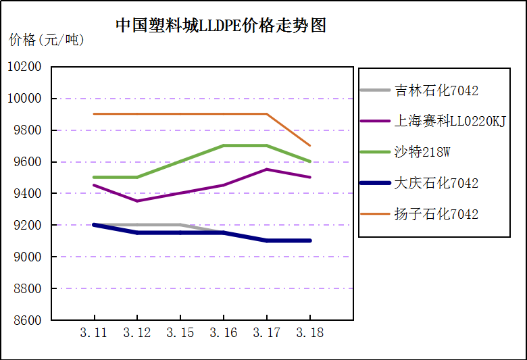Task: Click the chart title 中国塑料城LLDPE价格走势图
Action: click(x=221, y=26)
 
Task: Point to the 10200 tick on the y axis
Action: click(x=24, y=67)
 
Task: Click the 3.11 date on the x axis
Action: click(x=94, y=332)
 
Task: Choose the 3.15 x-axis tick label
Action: click(x=180, y=332)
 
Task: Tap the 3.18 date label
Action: click(x=310, y=332)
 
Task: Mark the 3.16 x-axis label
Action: click(x=224, y=332)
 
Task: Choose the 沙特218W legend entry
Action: click(x=422, y=152)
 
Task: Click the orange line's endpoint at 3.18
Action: click(x=310, y=146)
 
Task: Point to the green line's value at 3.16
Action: click(x=224, y=146)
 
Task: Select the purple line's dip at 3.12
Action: click(x=137, y=201)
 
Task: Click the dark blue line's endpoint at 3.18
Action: click(x=310, y=240)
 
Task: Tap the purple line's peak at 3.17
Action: click(x=267, y=170)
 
